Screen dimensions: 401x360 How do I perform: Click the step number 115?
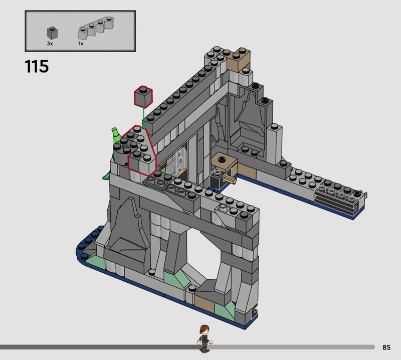(x=37, y=66)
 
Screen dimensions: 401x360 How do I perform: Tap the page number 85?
(x=386, y=347)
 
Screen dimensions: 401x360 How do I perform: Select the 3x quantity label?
(x=50, y=44)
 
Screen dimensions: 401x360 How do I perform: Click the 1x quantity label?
(x=81, y=44)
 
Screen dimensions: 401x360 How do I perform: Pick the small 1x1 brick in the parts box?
(x=52, y=33)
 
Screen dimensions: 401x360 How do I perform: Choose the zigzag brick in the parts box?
(x=96, y=28)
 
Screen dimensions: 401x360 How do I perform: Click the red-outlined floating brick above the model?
(x=143, y=97)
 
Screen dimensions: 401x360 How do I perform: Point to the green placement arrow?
(x=144, y=118)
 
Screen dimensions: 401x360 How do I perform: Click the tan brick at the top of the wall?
(x=238, y=60)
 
